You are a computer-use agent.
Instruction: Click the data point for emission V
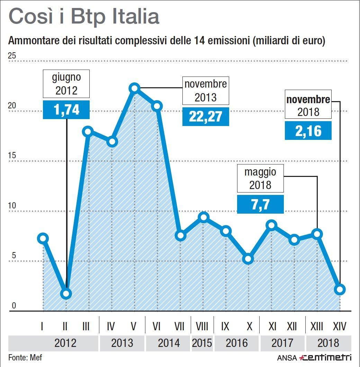[135, 89]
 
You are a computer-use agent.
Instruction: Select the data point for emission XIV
[340, 289]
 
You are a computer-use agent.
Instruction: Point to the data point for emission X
[248, 259]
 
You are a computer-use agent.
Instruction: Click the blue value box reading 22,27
[206, 117]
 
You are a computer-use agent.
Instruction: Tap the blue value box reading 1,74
[66, 110]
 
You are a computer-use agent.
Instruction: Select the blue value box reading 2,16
[308, 131]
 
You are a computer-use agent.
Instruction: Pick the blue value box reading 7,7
[260, 204]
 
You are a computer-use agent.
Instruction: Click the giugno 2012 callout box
[66, 84]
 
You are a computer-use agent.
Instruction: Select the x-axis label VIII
[202, 326]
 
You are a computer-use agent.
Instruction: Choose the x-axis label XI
[272, 326]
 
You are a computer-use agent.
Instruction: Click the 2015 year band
[202, 343]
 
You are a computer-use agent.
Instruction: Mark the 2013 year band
[122, 343]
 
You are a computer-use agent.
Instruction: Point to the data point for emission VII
[180, 235]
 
